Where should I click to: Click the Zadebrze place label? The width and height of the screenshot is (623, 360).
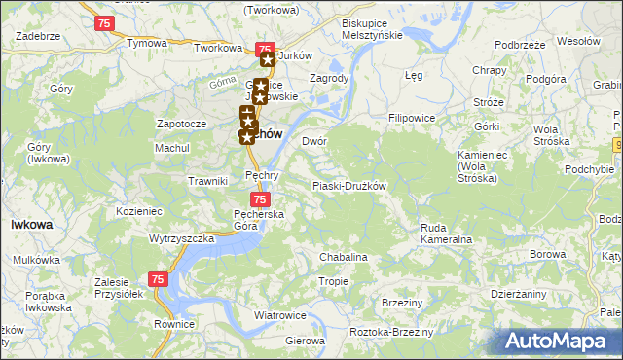click(38, 34)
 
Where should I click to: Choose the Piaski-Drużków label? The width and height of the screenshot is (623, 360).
click(349, 186)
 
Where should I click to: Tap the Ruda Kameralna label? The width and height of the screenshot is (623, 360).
click(446, 234)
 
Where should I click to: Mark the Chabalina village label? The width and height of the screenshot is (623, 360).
click(344, 257)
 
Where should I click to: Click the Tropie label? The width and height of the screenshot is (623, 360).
click(333, 281)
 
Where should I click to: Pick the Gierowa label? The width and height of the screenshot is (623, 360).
click(304, 342)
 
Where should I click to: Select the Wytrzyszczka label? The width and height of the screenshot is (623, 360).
click(182, 238)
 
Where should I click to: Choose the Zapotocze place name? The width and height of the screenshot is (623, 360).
click(181, 125)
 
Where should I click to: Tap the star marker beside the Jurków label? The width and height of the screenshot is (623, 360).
click(267, 58)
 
